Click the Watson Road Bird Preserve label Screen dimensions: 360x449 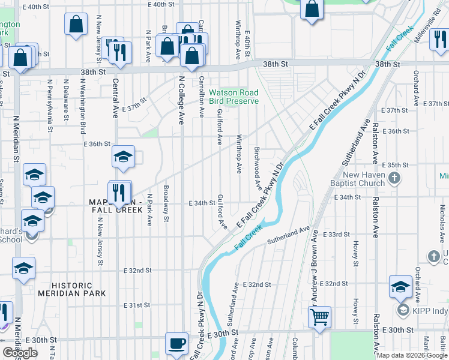coord(234,97)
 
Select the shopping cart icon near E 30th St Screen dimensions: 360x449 coord(320,316)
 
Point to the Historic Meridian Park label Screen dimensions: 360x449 coord(72,289)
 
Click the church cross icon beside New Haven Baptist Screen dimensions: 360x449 coord(394,178)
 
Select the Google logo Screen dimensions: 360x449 coord(20,353)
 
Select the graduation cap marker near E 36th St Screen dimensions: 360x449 coord(123,158)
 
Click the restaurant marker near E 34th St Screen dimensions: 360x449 coord(119,192)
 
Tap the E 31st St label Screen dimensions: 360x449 coord(136,305)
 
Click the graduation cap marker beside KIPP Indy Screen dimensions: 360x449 coord(400,287)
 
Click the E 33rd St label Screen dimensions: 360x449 coord(336,235)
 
